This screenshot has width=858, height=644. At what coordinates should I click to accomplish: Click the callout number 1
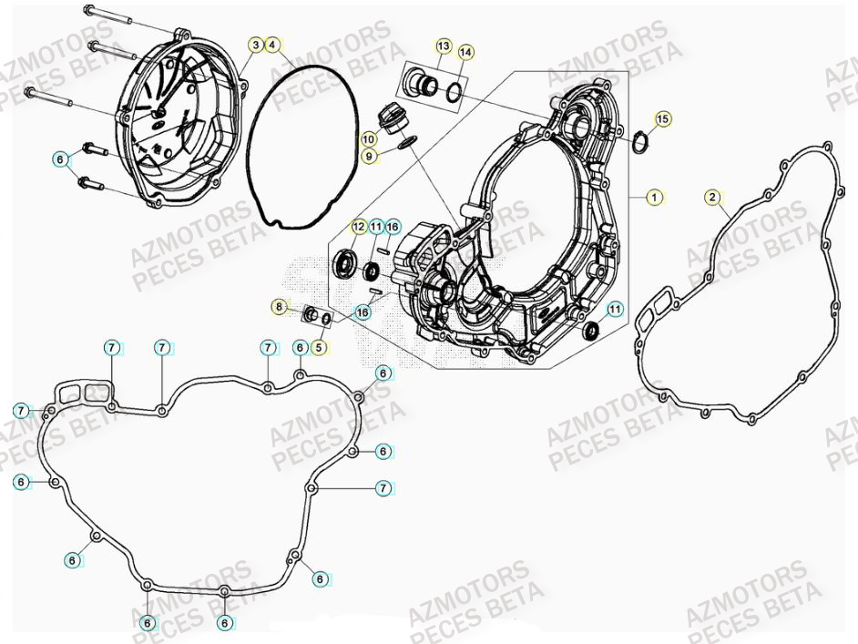pyautogui.click(x=653, y=197)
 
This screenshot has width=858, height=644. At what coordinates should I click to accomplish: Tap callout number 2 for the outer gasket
pyautogui.click(x=713, y=197)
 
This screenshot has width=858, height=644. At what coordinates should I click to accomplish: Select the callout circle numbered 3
pyautogui.click(x=256, y=44)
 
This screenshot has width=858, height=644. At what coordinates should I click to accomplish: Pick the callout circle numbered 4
pyautogui.click(x=274, y=44)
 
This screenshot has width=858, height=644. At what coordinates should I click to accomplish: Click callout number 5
pyautogui.click(x=319, y=346)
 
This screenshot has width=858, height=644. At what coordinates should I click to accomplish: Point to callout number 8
pyautogui.click(x=280, y=307)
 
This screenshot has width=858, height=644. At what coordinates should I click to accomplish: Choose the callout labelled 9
pyautogui.click(x=368, y=157)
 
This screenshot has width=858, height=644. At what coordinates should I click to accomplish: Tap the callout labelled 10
pyautogui.click(x=368, y=139)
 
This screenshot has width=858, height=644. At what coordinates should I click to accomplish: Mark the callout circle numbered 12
pyautogui.click(x=358, y=226)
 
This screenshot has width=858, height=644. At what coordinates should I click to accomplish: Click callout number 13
pyautogui.click(x=443, y=46)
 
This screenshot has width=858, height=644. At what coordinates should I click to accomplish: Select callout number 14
pyautogui.click(x=465, y=53)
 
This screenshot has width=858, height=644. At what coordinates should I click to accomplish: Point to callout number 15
pyautogui.click(x=662, y=119)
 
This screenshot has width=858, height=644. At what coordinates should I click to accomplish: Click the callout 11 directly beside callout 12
pyautogui.click(x=375, y=226)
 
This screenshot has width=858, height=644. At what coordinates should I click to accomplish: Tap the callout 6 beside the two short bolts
pyautogui.click(x=61, y=160)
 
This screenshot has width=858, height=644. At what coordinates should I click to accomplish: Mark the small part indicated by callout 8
pyautogui.click(x=311, y=315)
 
